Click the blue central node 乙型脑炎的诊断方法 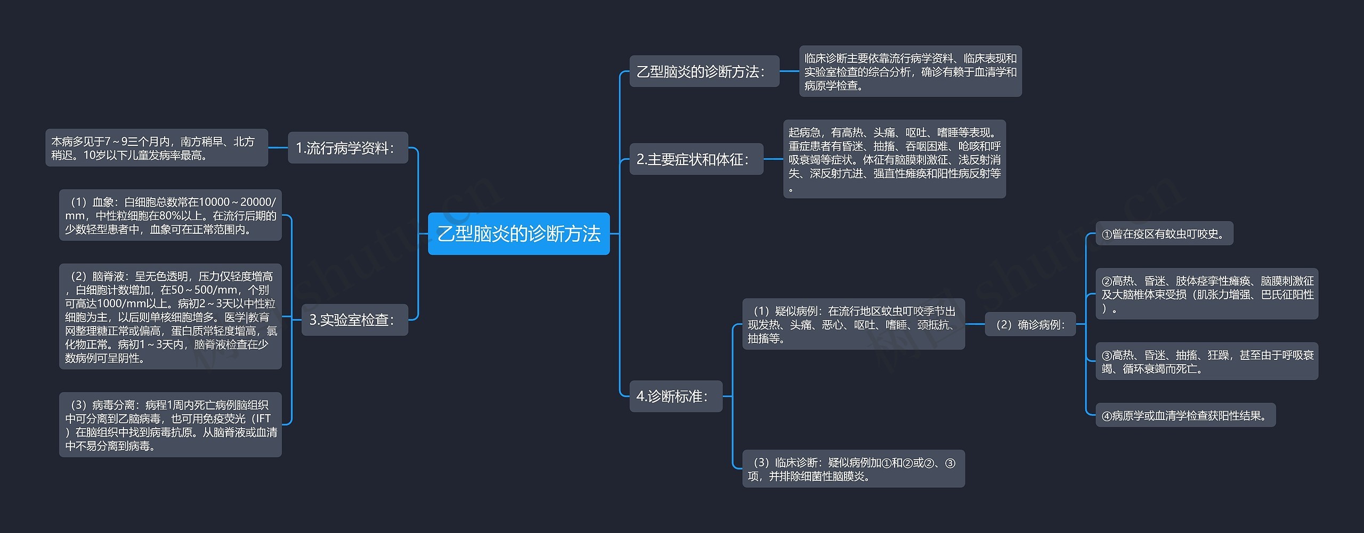point(518,234)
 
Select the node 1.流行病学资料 point(347,147)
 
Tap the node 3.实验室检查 point(354,319)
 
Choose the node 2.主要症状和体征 point(696,159)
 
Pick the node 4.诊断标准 point(676,396)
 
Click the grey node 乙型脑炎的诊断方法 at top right point(704,71)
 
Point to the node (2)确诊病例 point(1030,324)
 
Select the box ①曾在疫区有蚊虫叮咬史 point(1164,234)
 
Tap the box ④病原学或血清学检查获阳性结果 point(1185,415)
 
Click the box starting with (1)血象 point(170,215)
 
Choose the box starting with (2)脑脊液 point(170,317)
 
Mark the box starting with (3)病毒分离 point(170,425)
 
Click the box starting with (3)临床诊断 point(853,469)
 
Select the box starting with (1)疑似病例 point(853,324)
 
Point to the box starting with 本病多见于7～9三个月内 point(156,148)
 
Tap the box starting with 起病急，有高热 point(894,159)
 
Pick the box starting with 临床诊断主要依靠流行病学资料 point(910,71)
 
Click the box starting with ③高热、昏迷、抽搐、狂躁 point(1206,362)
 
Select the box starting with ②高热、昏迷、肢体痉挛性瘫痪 point(1206,294)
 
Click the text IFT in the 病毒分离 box point(263,419)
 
